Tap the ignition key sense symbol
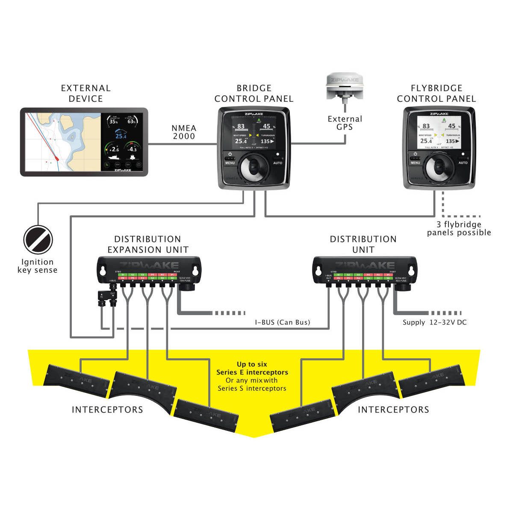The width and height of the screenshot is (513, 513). coord(38,240)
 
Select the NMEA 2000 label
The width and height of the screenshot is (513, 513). coord(184,132)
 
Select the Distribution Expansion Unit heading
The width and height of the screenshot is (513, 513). coord(147,244)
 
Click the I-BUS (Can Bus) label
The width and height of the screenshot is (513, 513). coord(283,322)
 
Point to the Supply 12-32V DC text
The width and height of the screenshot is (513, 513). coord(434,322)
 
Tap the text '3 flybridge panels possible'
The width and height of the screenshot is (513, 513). coord(459,229)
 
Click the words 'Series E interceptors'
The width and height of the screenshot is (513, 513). coord(252,372)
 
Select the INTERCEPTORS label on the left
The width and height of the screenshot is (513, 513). coord(107,410)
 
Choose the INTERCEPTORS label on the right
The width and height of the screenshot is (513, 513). coord(393,410)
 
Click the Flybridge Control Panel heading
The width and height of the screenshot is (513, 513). coord(436,93)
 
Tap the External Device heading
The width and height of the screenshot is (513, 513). coord(85,93)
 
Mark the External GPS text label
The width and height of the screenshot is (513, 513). coord(345,123)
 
